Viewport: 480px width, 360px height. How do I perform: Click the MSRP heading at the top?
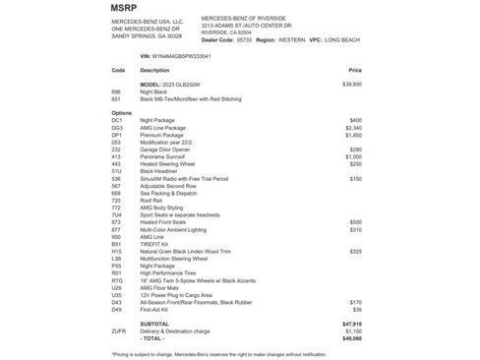pyautogui.click(x=125, y=7)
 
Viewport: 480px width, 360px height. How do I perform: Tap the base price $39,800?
pyautogui.click(x=351, y=85)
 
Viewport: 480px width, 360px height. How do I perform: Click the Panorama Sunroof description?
pyautogui.click(x=162, y=156)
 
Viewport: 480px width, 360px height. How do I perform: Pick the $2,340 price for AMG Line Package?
pyautogui.click(x=354, y=128)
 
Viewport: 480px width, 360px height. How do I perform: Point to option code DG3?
pyautogui.click(x=118, y=128)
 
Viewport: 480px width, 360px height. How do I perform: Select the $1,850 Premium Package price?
pyautogui.click(x=354, y=135)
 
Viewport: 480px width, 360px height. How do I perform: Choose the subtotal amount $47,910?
pyautogui.click(x=352, y=323)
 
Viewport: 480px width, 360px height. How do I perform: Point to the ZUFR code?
pyautogui.click(x=119, y=330)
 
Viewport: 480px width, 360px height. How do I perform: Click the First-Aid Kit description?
pyautogui.click(x=155, y=309)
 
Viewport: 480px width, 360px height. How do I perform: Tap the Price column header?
pyautogui.click(x=355, y=71)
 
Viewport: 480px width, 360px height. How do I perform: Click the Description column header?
pyautogui.click(x=155, y=71)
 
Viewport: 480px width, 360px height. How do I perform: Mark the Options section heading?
pyautogui.click(x=122, y=113)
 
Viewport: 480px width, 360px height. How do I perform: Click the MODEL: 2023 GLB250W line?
pyautogui.click(x=172, y=85)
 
